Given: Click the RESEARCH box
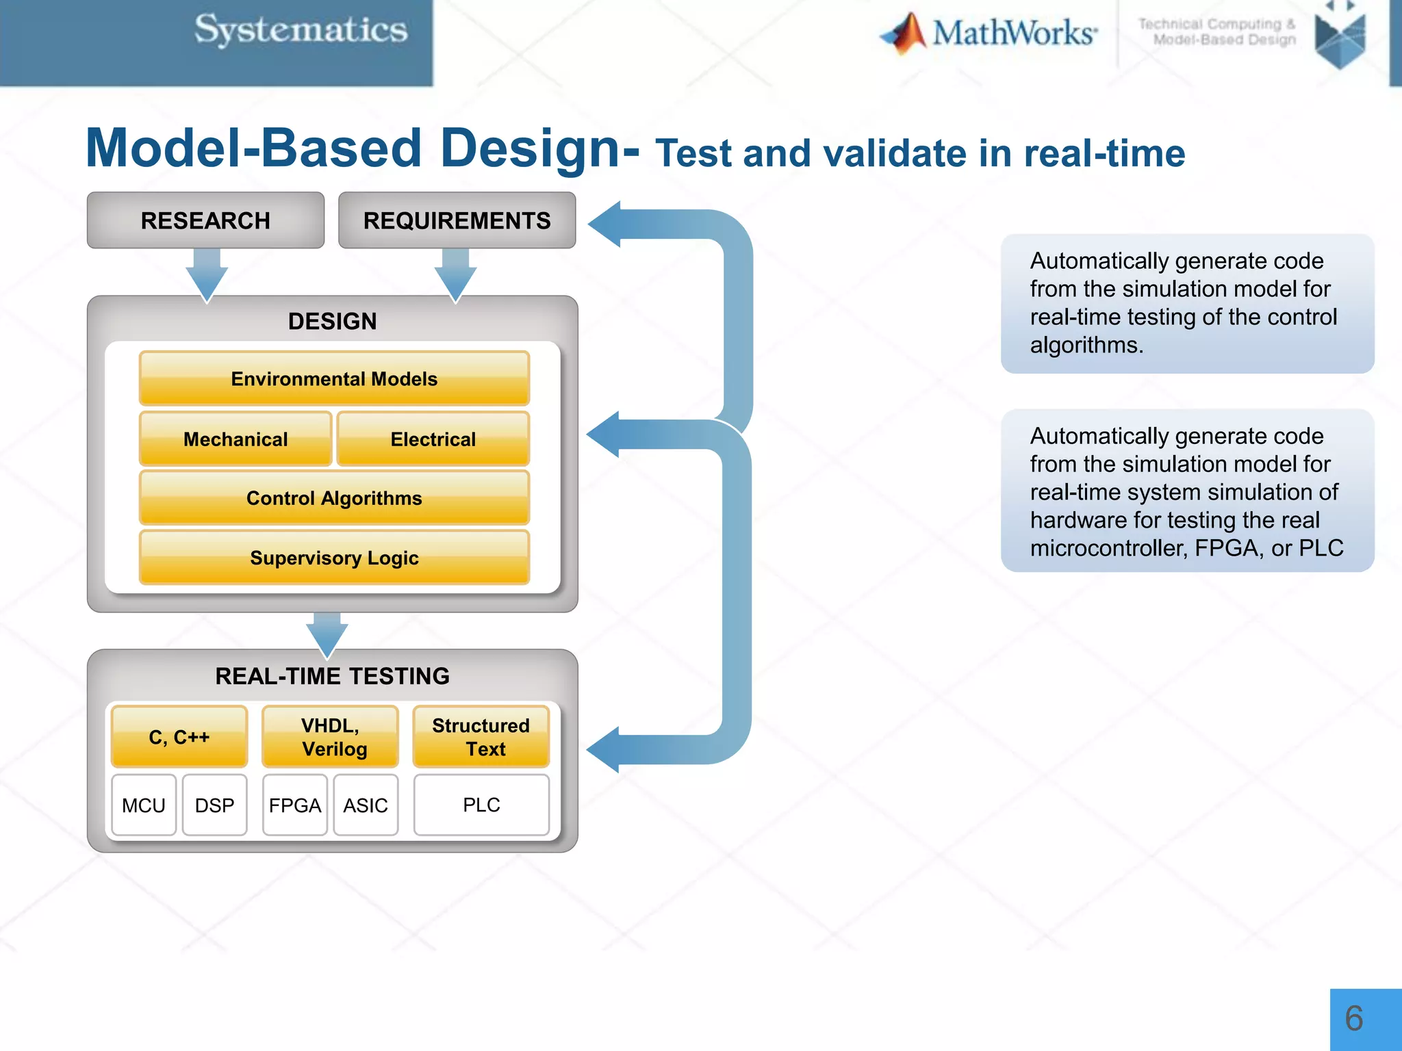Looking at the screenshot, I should click(x=205, y=220).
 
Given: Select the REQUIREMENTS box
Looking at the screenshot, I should click(x=457, y=220).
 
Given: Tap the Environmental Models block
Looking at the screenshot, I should click(x=334, y=378).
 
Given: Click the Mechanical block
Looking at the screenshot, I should click(x=235, y=439).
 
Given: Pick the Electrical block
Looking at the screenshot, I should click(x=433, y=439).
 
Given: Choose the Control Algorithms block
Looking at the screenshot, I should click(x=334, y=497).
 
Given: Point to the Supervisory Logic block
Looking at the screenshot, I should click(x=334, y=558).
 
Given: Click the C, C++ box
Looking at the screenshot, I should click(x=179, y=736).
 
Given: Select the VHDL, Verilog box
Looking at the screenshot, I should click(x=330, y=736).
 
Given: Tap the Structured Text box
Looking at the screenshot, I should click(x=481, y=736).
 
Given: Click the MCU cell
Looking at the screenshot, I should click(x=144, y=805).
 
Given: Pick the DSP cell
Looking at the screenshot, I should click(x=214, y=805).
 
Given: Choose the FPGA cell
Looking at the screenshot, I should click(x=295, y=805).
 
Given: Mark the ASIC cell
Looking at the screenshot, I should click(x=366, y=805).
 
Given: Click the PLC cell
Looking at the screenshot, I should click(x=481, y=805).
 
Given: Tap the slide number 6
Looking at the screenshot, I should click(x=1354, y=1018).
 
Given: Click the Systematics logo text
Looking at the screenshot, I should click(x=301, y=30).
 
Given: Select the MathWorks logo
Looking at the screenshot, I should click(x=989, y=33).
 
